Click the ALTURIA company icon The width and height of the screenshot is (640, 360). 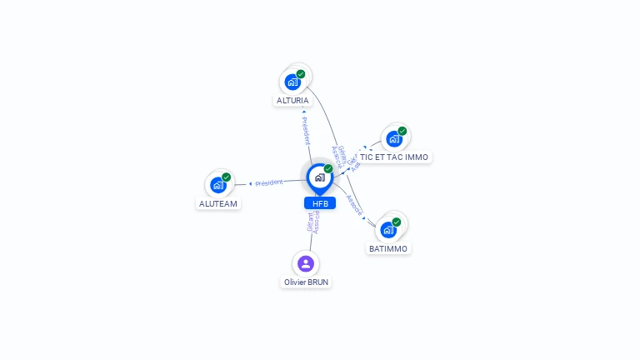pos(292,82)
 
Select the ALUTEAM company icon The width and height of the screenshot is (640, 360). pos(218,185)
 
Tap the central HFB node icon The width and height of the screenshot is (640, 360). pos(319,177)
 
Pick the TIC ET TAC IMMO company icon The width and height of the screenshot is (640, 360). pos(393,138)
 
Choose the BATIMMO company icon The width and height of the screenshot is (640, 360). pos(388,229)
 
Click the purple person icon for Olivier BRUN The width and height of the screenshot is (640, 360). pos(306,264)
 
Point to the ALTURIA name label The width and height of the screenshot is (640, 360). pos(292,101)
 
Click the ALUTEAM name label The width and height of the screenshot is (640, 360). pos(218,203)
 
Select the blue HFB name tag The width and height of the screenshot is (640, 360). pos(320,203)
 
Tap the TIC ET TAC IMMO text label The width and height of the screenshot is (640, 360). pos(394,157)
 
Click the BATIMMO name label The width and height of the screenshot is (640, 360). pos(388,248)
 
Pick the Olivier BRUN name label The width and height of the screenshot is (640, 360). pos(306,282)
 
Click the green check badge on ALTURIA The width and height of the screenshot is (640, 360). pos(301,74)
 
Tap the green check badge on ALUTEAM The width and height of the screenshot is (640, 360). pos(227,177)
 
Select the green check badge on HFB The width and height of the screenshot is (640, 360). pos(328,168)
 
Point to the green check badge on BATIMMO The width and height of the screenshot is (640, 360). pos(397,222)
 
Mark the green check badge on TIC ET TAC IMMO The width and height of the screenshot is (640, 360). pos(402,131)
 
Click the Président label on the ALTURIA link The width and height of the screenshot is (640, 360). pos(305,131)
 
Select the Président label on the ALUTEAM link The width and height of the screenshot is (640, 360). pos(269,182)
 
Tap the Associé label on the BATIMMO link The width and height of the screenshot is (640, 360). pos(354,206)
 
